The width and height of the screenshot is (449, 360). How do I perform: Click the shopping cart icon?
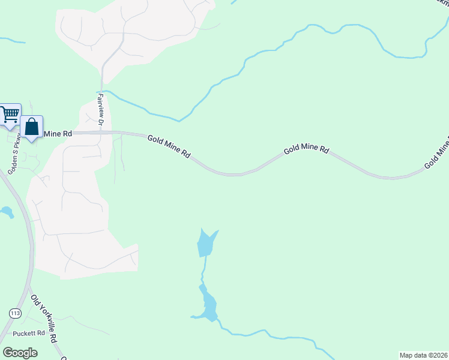tap(10, 113)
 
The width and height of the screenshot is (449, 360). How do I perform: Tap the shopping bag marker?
tap(31, 127)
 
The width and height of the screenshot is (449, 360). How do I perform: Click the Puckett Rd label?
tap(32, 333)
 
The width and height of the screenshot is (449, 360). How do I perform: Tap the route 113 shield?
tap(14, 313)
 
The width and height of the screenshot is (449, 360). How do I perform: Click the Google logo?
tap(20, 352)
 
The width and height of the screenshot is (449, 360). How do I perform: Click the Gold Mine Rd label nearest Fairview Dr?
tap(169, 146)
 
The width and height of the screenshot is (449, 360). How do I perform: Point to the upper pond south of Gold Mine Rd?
tap(205, 244)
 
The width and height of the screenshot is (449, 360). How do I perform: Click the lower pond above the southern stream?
tap(208, 306)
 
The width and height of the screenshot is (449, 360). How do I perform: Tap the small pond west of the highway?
tap(7, 211)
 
